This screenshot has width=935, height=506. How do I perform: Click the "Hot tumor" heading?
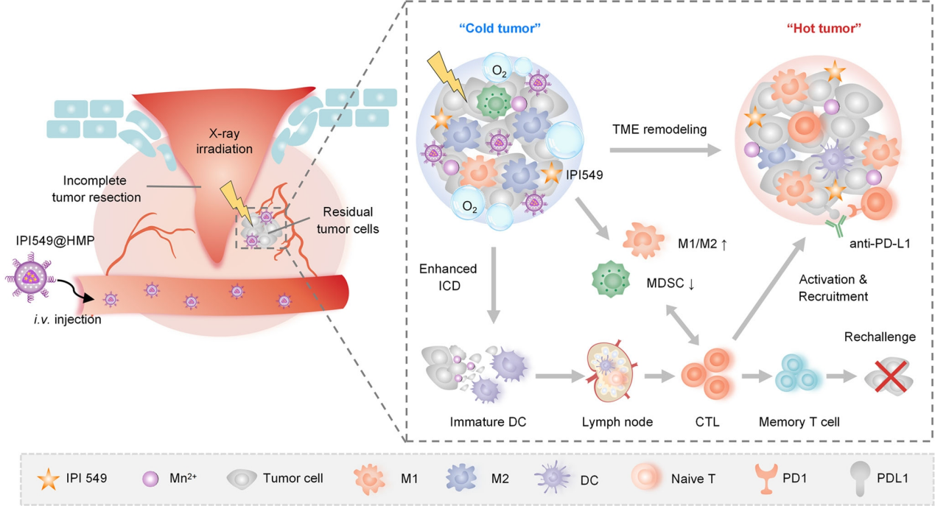[x=824, y=30]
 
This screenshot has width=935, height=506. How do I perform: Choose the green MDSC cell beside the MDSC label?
[x=612, y=282]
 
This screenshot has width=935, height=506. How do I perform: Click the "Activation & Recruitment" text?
[x=833, y=289]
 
